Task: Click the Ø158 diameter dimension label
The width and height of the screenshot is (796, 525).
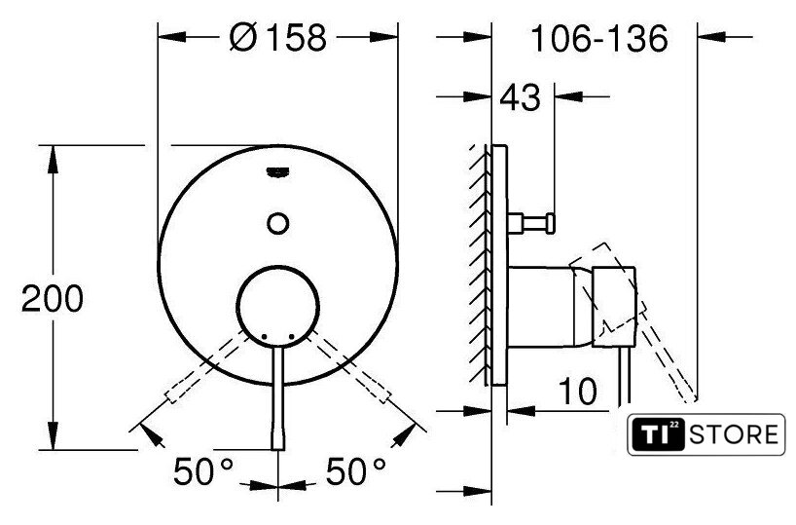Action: (277, 38)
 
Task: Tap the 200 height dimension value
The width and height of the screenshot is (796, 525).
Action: (53, 299)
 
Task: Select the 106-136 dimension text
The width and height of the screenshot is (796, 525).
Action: (599, 39)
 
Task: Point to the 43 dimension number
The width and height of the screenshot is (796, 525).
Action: (521, 97)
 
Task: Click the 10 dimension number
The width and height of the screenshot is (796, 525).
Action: (578, 391)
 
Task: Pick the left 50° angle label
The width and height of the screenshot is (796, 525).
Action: (203, 471)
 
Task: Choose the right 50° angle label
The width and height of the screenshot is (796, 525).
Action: (356, 471)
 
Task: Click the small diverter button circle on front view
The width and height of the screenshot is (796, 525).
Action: (277, 223)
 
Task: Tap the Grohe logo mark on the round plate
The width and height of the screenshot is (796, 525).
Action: (277, 172)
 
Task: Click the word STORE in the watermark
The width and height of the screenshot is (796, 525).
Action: (733, 435)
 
